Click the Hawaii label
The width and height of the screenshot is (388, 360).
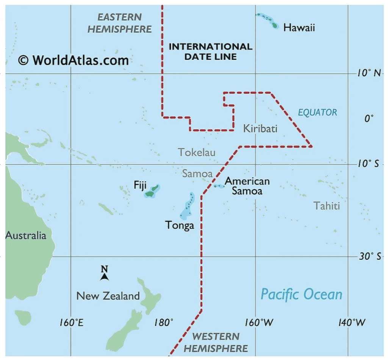299,28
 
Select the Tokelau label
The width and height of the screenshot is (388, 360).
197,152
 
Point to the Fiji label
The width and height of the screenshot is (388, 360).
140,185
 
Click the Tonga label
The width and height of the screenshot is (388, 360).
180,225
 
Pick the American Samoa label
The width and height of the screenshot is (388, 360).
247,186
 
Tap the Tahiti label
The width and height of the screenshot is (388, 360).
326,206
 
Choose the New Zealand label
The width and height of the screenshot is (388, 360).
108,296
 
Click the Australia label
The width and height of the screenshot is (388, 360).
26,235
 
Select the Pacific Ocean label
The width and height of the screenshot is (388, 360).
302,294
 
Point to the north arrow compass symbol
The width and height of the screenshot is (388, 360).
105,273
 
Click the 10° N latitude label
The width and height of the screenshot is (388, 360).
369,73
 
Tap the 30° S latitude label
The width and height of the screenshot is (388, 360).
369,256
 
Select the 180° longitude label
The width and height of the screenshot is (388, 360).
164,323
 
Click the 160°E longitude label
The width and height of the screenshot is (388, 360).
71,323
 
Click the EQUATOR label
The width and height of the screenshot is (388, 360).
317,112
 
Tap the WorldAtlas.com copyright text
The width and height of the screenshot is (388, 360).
73,60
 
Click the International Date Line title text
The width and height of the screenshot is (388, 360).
210,52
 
